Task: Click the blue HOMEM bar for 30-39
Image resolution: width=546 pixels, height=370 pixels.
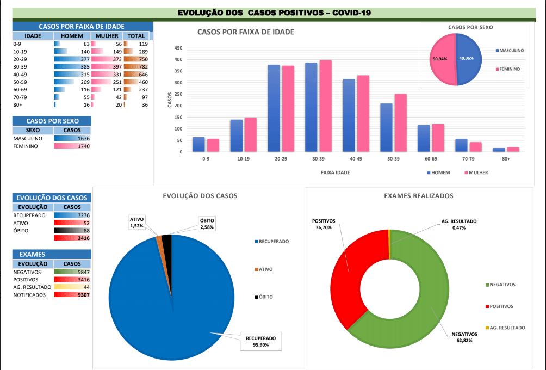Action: click(311, 107)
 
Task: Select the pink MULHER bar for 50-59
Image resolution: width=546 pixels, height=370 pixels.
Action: click(400, 123)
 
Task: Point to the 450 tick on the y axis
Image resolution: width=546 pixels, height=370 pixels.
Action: click(178, 48)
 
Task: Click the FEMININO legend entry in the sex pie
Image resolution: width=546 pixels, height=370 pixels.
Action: click(510, 69)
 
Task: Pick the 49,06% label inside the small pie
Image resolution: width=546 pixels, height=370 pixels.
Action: click(467, 58)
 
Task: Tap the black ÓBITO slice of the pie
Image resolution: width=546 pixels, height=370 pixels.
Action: click(167, 240)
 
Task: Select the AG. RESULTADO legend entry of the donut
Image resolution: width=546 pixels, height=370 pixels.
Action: click(507, 328)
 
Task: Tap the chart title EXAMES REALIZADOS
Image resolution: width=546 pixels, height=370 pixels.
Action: click(418, 196)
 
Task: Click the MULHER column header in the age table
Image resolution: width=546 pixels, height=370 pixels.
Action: click(107, 36)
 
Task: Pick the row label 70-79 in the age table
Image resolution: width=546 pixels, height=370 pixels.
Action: click(20, 97)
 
